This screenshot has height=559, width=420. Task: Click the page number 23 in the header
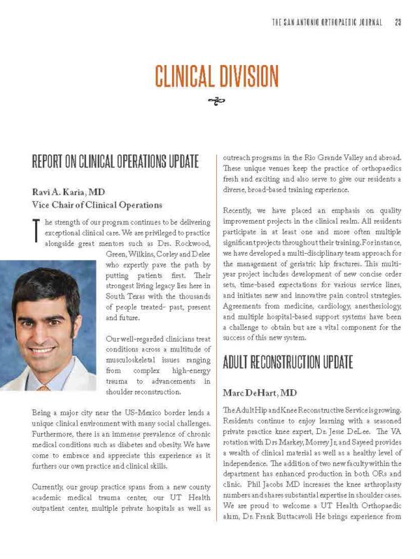point(397,22)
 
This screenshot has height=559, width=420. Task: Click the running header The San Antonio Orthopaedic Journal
point(327,22)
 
